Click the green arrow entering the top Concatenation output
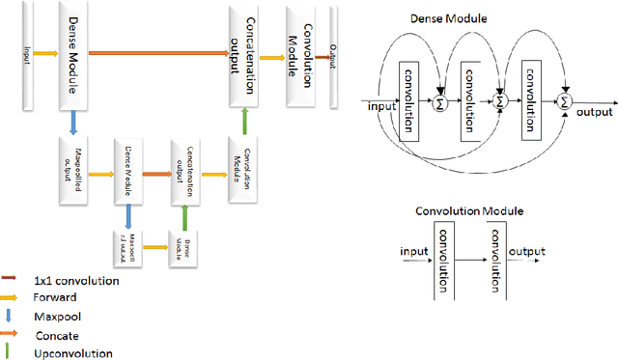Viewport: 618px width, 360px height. (x=244, y=120)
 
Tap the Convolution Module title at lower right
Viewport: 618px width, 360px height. (x=469, y=211)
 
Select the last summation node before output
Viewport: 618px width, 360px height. (x=566, y=99)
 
